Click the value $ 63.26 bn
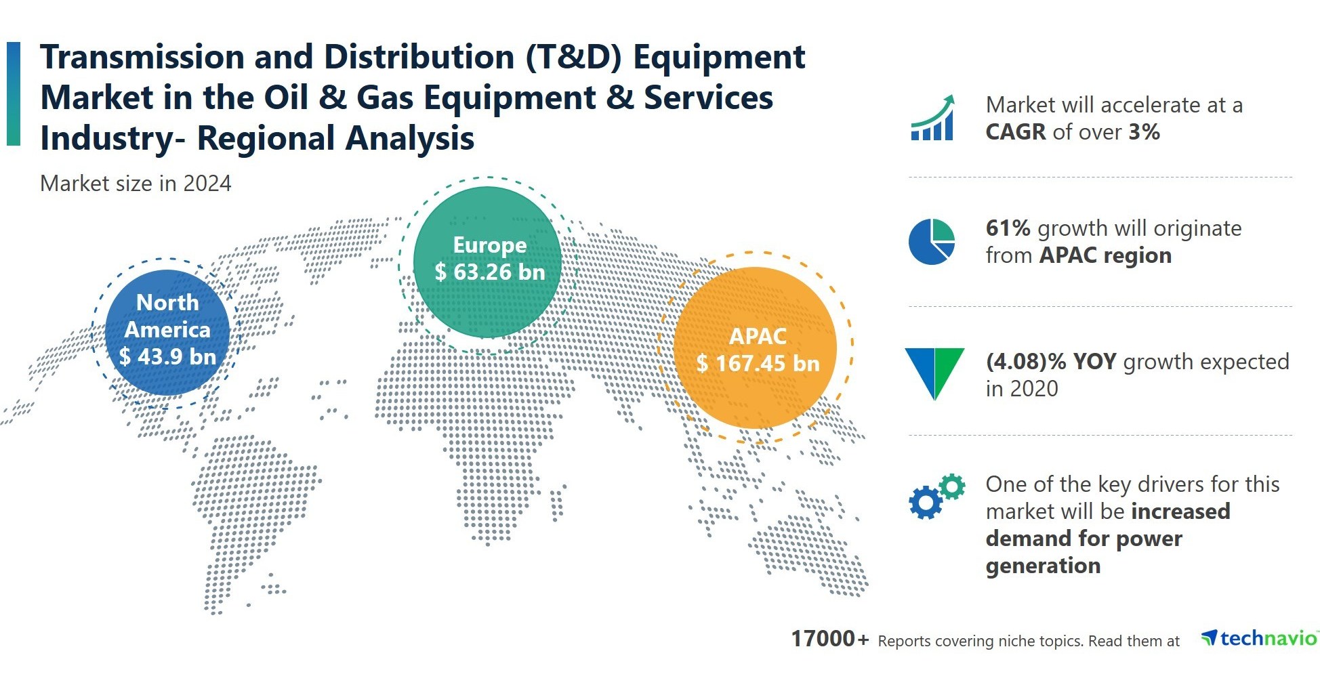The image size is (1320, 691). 490,272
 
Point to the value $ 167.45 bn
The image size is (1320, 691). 758,364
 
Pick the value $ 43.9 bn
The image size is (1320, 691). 167,356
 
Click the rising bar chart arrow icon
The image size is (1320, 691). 932,118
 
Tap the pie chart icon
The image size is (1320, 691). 932,242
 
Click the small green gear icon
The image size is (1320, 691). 952,486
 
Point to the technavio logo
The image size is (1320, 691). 1259,638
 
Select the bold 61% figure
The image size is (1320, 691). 1008,228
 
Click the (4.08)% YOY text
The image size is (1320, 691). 1050,362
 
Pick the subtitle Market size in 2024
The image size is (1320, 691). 136,184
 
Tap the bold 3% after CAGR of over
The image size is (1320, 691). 1144,132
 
